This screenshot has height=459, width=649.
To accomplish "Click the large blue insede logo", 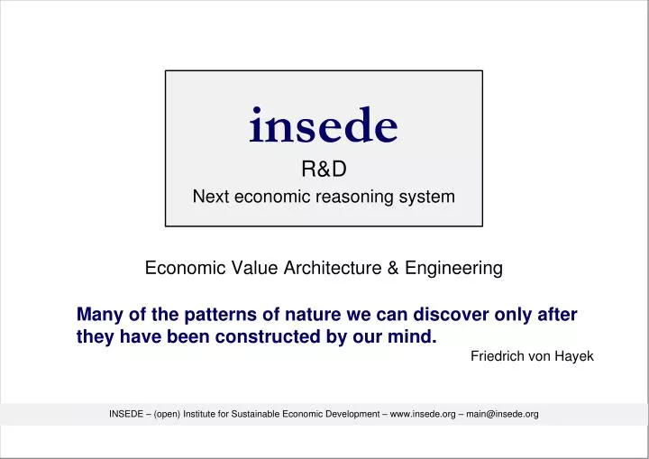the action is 324,124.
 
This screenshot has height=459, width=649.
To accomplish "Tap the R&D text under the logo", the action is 324,169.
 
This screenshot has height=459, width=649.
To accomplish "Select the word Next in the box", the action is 211,197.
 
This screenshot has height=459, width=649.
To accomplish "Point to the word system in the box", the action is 426,197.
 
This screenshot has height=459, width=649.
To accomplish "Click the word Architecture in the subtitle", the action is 333,268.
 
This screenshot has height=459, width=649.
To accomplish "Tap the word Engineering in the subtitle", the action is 453,269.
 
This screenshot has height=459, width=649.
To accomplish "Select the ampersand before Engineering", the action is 393,268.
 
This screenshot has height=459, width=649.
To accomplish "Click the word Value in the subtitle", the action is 254,268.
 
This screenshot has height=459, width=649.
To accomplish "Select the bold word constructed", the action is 268,336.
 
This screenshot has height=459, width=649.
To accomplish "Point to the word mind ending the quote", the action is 412,336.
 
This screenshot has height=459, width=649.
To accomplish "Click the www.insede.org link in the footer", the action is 423,414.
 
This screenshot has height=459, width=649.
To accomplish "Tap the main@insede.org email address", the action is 502,414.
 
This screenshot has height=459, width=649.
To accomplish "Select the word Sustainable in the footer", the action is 255,414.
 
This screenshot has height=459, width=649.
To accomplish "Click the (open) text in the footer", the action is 168,414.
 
